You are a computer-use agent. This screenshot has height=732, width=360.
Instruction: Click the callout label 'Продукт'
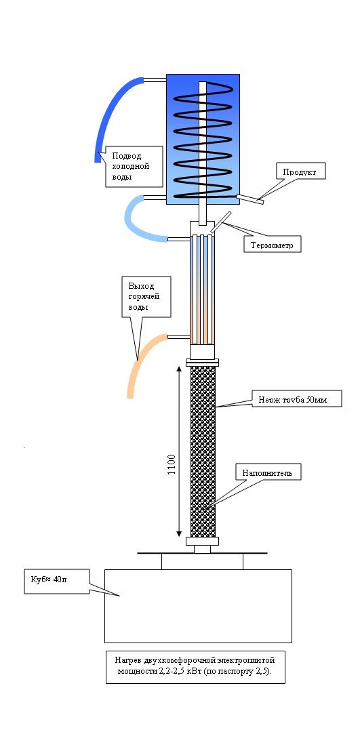[300, 171]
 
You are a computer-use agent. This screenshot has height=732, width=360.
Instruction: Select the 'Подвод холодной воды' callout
[134, 167]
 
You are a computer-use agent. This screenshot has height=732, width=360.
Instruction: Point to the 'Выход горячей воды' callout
[146, 296]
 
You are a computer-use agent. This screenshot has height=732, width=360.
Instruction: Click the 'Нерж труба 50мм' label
[297, 399]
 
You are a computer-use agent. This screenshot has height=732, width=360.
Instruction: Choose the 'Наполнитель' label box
[268, 472]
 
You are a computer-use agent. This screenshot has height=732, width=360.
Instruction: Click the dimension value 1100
[171, 464]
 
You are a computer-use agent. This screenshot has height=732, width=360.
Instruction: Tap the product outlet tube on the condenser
[250, 199]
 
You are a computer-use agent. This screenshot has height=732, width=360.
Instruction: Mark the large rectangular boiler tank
[198, 605]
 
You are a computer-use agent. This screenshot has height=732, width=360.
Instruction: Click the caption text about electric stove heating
[195, 667]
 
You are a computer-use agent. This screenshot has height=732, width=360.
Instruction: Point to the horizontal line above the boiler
[202, 553]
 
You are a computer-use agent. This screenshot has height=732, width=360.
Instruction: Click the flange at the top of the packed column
[203, 362]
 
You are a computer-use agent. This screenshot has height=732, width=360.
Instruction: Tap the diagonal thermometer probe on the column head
[220, 222]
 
